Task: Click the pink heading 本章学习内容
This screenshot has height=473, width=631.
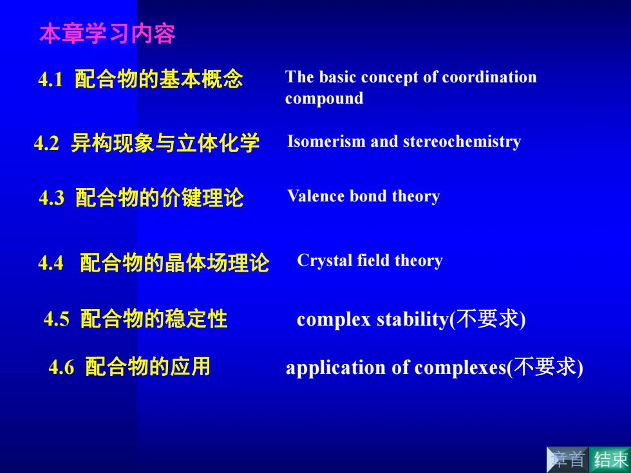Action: [x=107, y=33]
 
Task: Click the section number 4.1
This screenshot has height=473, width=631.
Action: [x=51, y=79]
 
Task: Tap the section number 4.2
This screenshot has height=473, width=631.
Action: [x=46, y=143]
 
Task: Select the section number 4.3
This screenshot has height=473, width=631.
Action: [x=52, y=198]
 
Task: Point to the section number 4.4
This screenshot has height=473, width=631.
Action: [x=51, y=263]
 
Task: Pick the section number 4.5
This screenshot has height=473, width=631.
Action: [x=57, y=319]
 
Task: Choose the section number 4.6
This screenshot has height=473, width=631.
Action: [x=61, y=367]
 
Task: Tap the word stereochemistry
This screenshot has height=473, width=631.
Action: [x=462, y=142]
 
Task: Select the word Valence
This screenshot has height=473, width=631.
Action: [x=316, y=196]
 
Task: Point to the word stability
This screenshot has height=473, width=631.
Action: [x=413, y=320]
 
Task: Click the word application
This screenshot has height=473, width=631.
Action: [x=335, y=368]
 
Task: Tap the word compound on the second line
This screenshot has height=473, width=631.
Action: [x=325, y=98]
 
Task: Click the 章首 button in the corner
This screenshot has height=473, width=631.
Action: [x=567, y=459]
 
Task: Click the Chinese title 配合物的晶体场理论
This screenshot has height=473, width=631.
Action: [x=174, y=263]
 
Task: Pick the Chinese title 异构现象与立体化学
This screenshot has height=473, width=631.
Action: [x=165, y=143]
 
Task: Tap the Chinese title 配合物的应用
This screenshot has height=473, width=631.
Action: [x=147, y=367]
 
